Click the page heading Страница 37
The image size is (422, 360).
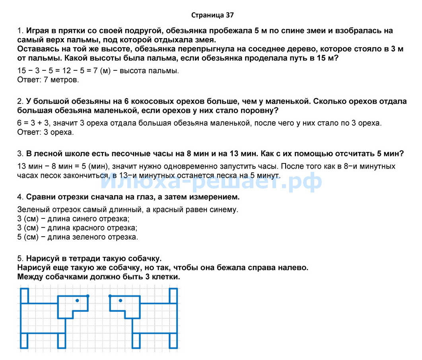pyautogui.click(x=212, y=16)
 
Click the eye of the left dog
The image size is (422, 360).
pyautogui.click(x=77, y=300)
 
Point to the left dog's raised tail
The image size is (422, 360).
pyautogui.click(x=24, y=296)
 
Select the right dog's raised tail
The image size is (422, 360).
pyautogui.click(x=173, y=296)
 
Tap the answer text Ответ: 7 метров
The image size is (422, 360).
pyautogui.click(x=48, y=80)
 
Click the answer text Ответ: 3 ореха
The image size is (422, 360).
pyautogui.click(x=45, y=132)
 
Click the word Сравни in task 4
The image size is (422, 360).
pyautogui.click(x=40, y=197)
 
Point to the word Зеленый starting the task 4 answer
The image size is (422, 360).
pyautogui.click(x=33, y=210)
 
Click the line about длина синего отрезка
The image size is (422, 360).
pyautogui.click(x=74, y=219)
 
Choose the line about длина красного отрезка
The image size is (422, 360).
pyautogui.click(x=77, y=228)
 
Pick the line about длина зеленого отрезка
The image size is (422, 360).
pyautogui.click(x=78, y=237)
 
